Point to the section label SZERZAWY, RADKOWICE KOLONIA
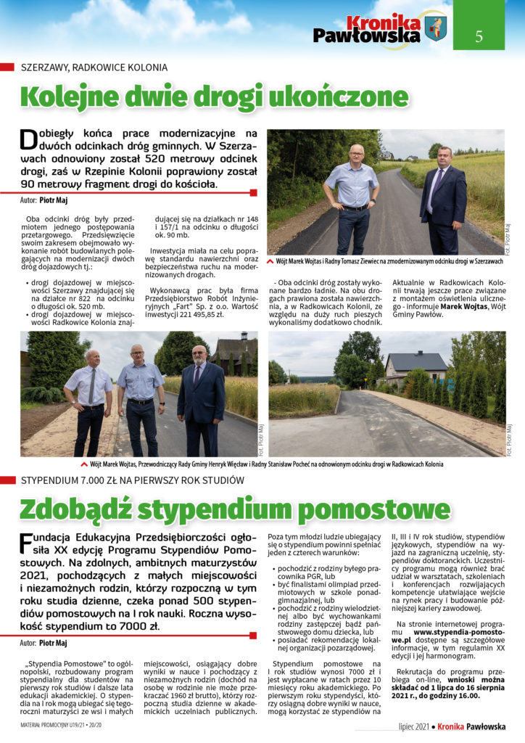point(94,67)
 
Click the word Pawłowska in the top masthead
point(366,35)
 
